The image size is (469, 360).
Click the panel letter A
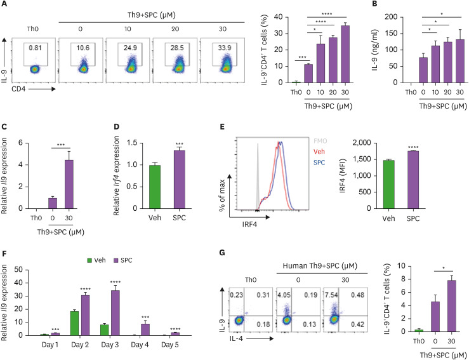pos(6,5)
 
